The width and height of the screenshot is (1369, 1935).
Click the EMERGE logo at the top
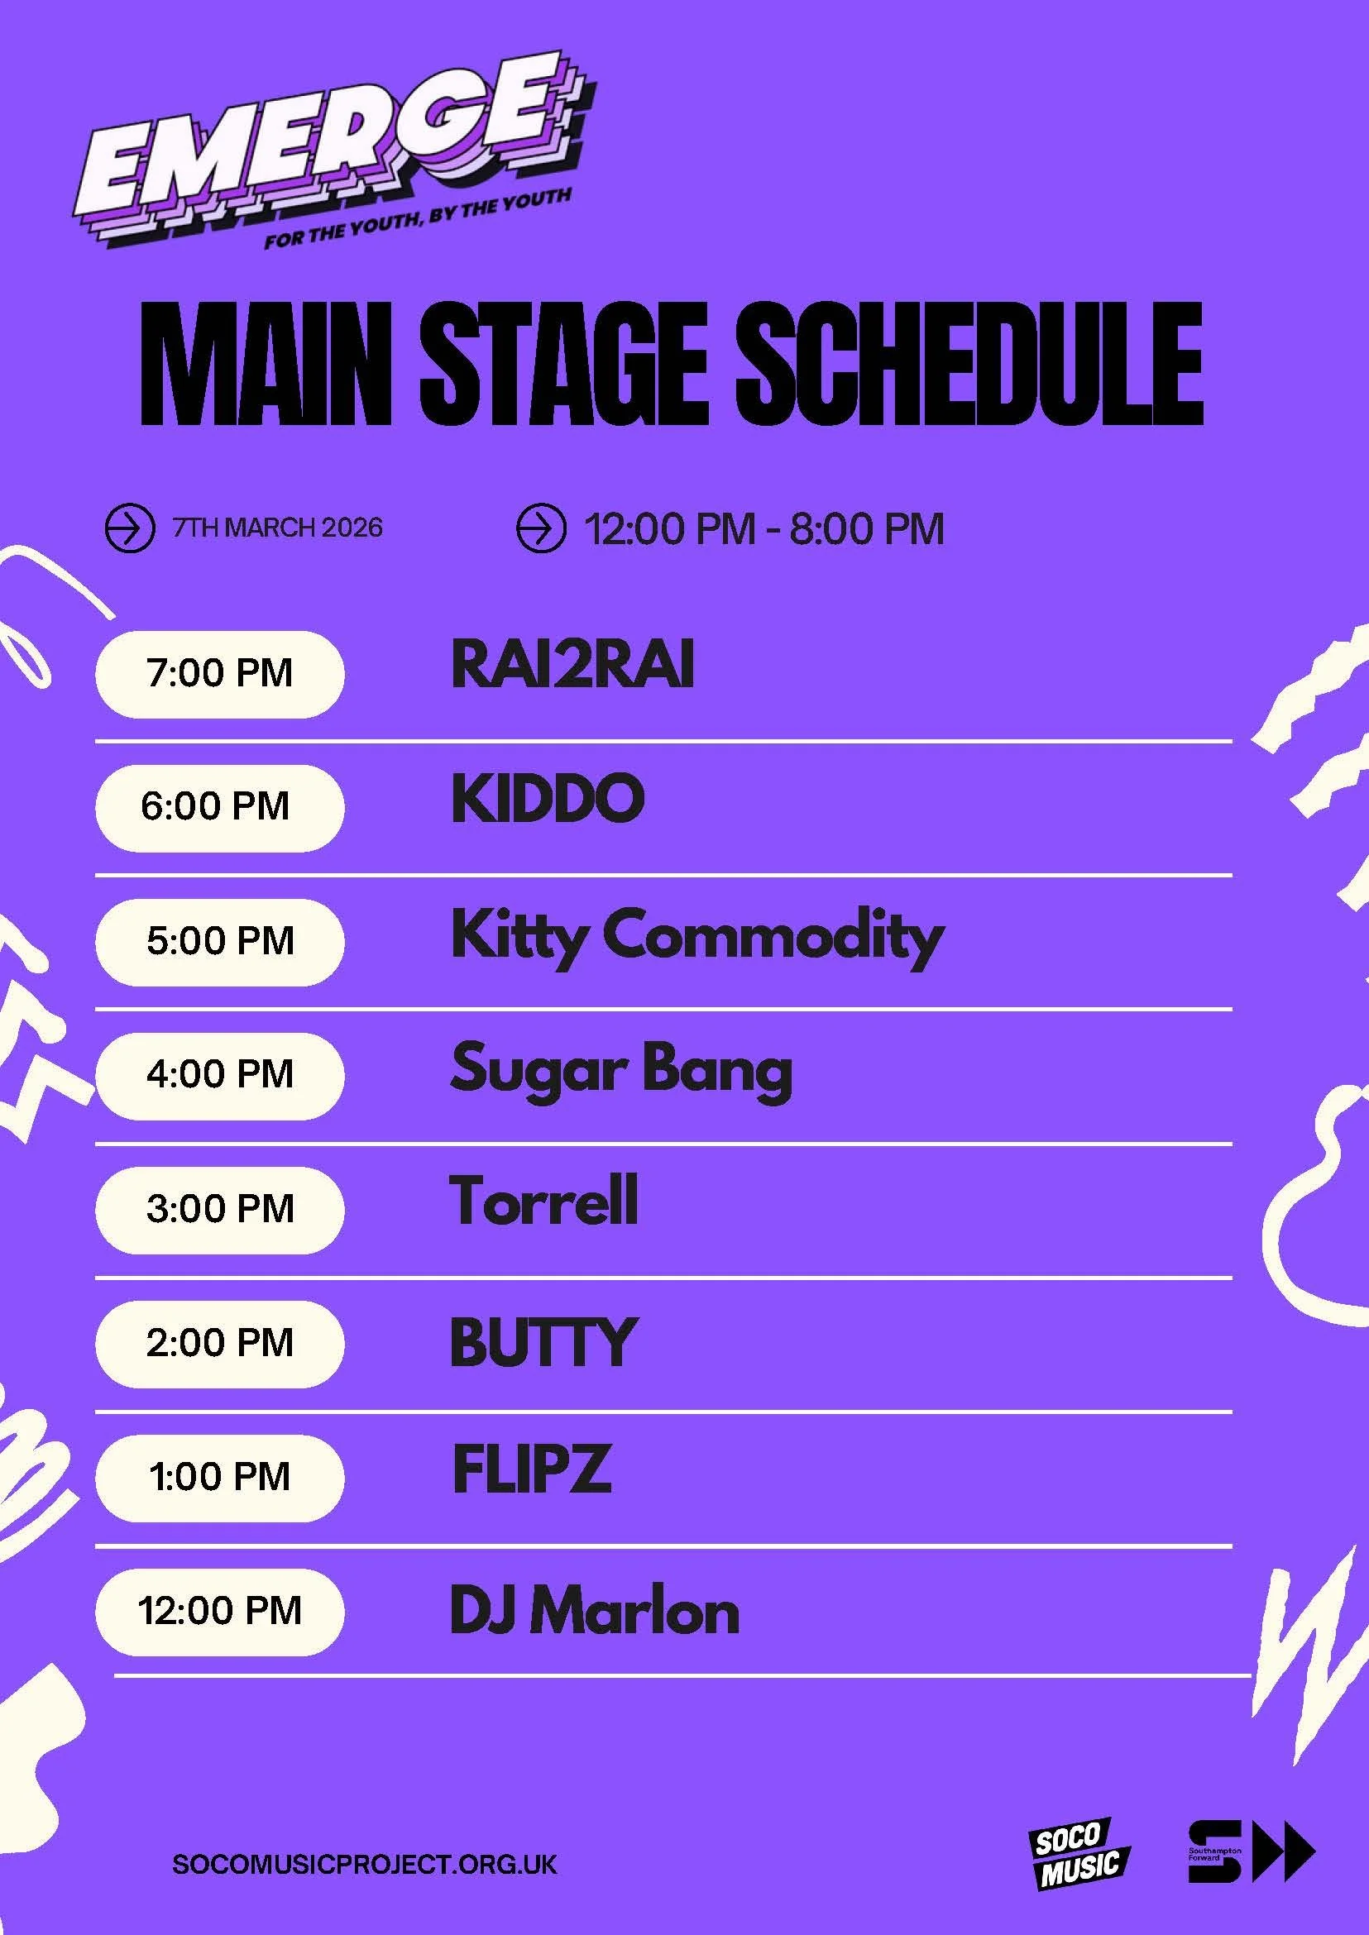tap(328, 151)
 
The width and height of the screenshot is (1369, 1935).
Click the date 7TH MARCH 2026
tap(277, 528)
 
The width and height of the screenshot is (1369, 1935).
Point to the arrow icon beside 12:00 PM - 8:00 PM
tap(539, 528)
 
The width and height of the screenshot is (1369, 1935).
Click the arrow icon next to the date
tap(129, 528)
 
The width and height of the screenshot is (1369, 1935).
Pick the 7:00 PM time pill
tap(219, 673)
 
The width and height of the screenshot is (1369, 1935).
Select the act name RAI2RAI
tap(572, 665)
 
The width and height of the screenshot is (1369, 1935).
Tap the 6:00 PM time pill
tap(219, 806)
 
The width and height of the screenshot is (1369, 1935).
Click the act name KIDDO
tap(548, 798)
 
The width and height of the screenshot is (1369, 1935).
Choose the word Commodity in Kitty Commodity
tap(773, 935)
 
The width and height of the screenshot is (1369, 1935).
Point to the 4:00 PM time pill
tap(219, 1074)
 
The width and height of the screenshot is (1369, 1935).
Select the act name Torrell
tap(543, 1201)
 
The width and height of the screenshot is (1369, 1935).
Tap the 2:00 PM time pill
tap(219, 1343)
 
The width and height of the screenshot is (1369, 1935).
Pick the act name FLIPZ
tap(531, 1469)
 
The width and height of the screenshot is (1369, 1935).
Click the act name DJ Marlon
tap(594, 1610)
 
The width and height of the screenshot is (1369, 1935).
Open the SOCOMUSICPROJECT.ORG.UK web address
tap(364, 1863)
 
